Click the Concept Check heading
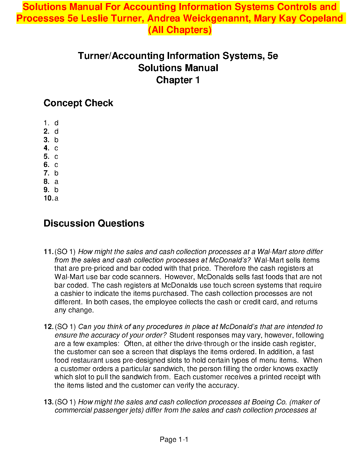pos(78,103)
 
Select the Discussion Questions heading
pos(94,223)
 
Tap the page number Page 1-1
pos(174,440)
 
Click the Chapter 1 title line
pos(178,80)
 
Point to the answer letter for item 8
pos(56,182)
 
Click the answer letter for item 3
pos(56,140)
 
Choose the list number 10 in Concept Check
pos(48,198)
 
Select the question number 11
pos(48,252)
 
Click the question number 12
pos(48,327)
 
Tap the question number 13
pos(48,402)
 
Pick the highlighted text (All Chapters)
pos(180,30)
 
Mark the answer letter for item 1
pos(56,123)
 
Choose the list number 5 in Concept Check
pos(46,157)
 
